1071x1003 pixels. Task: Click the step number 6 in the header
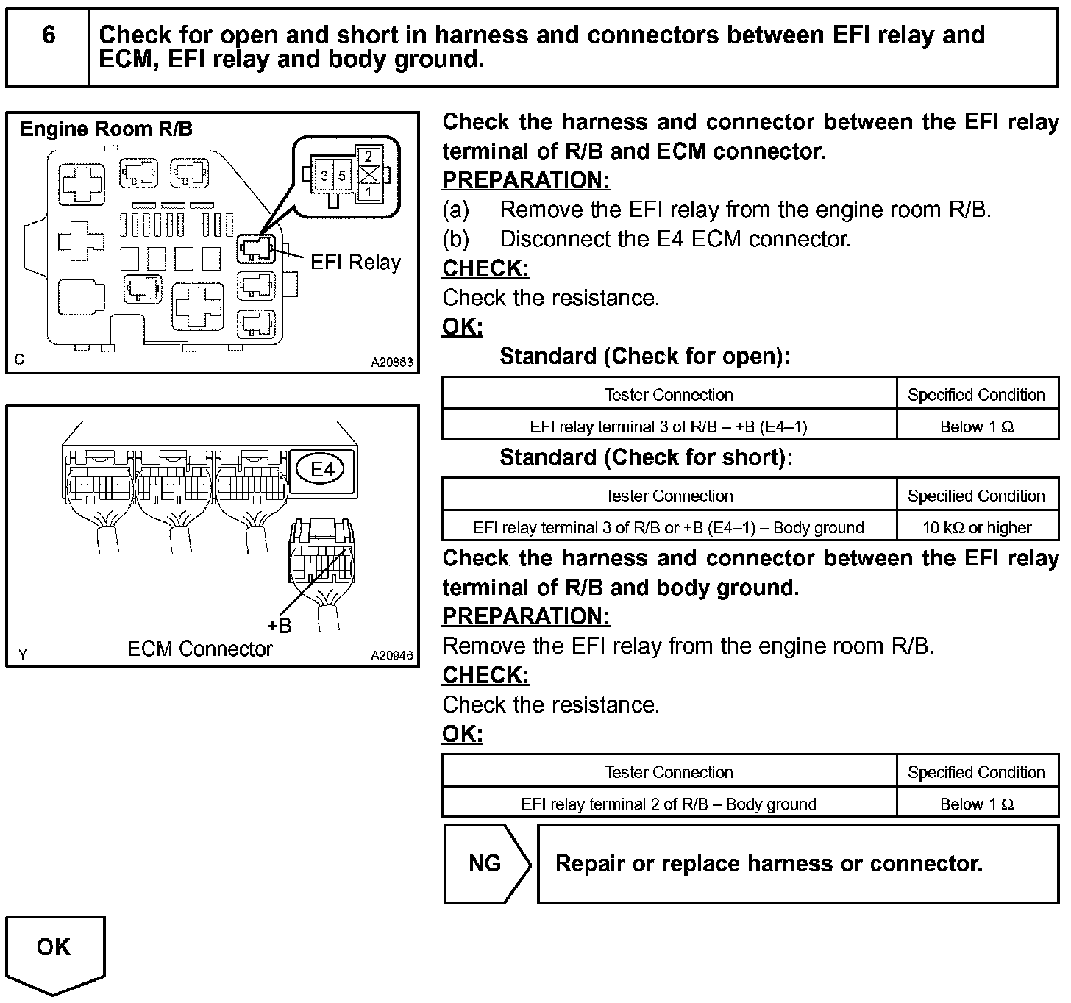tap(49, 35)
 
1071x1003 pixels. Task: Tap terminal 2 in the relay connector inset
tap(369, 156)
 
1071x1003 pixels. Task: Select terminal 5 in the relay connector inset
tap(342, 176)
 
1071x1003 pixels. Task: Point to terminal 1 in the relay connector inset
tap(369, 191)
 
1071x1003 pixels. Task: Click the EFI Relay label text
tap(355, 263)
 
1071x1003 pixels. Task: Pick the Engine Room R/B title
tap(106, 129)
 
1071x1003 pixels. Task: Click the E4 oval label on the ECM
tap(322, 469)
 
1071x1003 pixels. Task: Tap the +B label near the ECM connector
tap(280, 626)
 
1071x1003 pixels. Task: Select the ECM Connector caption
tap(199, 649)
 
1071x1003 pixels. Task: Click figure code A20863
tap(392, 363)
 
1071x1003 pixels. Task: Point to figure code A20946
tap(392, 656)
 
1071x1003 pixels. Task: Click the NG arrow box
tap(485, 863)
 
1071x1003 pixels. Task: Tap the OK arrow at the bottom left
tap(54, 951)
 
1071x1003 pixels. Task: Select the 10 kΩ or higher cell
tap(977, 527)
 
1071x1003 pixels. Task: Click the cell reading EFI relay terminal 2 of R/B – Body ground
tap(669, 804)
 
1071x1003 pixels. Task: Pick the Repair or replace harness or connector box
tap(798, 863)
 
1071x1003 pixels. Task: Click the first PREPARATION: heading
tap(526, 180)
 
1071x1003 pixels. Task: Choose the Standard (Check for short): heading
tap(646, 457)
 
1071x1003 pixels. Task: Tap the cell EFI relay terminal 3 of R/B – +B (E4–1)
tap(669, 426)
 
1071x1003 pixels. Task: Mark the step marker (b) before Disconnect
tap(455, 240)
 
